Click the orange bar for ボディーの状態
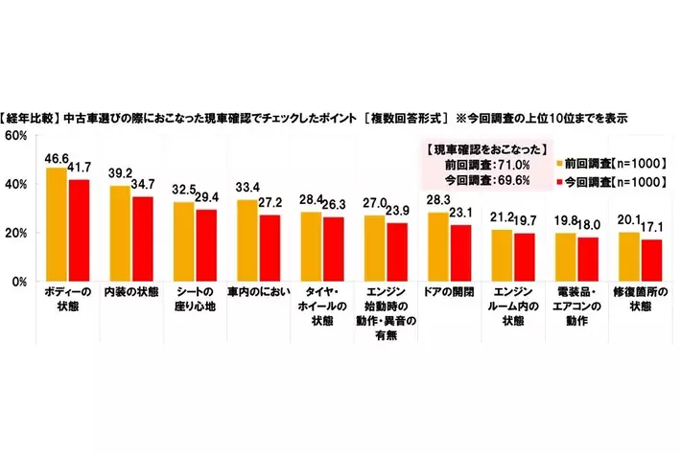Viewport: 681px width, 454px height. coord(57,225)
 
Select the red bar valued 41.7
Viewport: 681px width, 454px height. coord(78,231)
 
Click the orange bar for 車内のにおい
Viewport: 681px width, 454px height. coord(247,240)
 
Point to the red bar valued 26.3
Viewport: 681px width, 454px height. coord(331,249)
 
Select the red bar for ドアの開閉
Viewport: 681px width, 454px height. coord(458,253)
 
